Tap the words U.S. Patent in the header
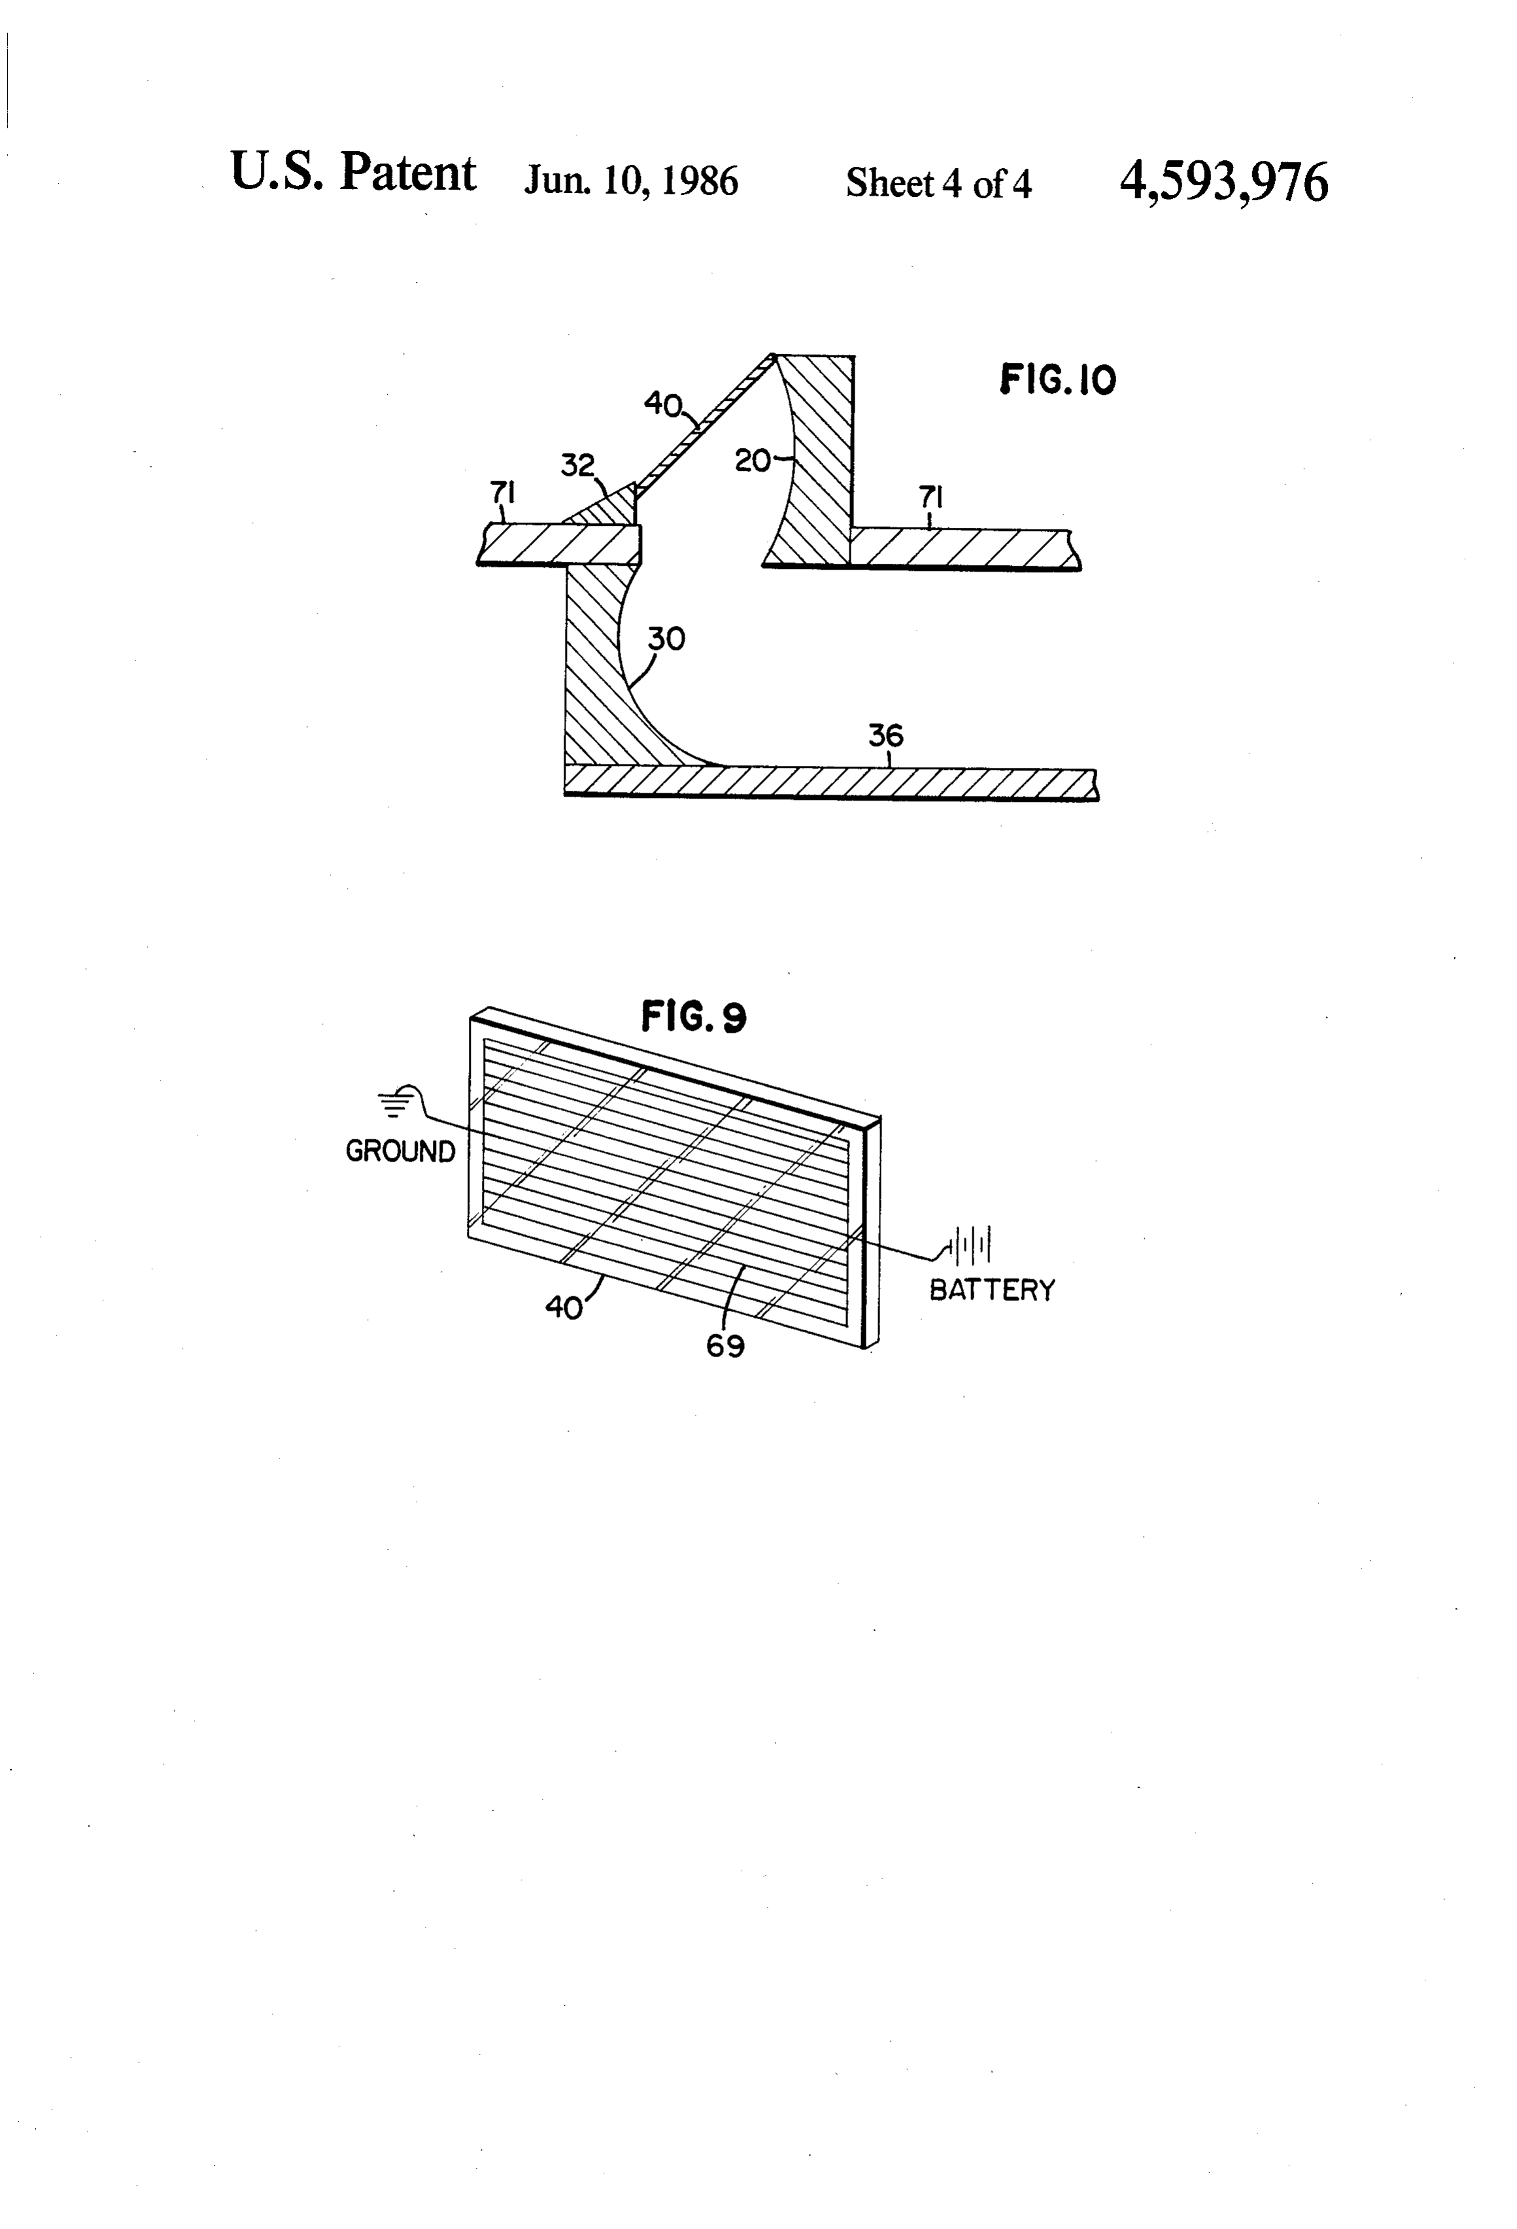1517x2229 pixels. click(353, 173)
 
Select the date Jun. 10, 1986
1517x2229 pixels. click(631, 181)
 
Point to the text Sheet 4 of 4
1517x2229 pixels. click(938, 182)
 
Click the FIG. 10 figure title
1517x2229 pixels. click(1058, 380)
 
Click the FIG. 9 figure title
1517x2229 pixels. click(693, 1016)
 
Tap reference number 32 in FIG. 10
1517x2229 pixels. click(577, 466)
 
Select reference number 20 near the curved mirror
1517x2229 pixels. click(753, 461)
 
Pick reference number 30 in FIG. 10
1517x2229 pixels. click(666, 639)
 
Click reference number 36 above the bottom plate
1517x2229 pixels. click(886, 736)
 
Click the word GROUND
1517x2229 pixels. click(400, 1151)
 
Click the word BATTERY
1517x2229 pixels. click(991, 1290)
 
